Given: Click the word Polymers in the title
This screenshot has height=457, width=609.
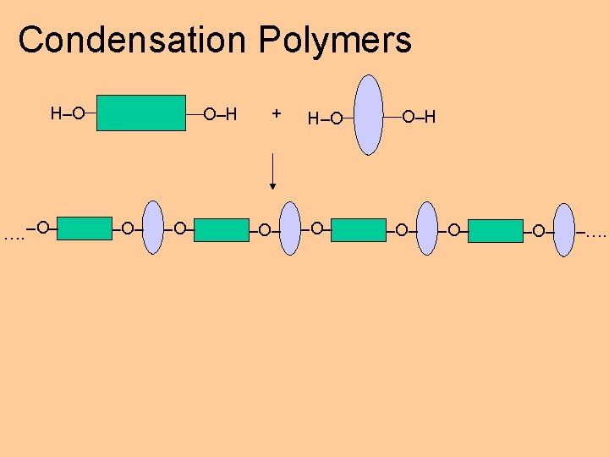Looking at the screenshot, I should point(336,40).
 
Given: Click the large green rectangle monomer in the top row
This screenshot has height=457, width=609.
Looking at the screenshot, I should point(141,113).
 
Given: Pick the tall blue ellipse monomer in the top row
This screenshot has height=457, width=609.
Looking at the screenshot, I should point(368,115).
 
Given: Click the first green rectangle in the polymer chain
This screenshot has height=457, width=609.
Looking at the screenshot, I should point(84,228).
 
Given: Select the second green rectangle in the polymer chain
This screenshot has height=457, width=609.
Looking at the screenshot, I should point(221,230).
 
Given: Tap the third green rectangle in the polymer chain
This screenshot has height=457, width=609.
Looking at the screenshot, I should point(358,230).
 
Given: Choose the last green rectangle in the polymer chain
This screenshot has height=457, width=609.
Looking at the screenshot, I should point(495,231).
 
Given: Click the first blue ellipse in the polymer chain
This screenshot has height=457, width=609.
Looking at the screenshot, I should point(153,228).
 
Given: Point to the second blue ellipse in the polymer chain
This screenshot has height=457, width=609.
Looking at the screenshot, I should point(290,228).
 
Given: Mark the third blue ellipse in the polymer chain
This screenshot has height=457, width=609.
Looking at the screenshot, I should point(427,228).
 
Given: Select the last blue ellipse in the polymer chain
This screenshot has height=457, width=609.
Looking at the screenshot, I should point(563,229).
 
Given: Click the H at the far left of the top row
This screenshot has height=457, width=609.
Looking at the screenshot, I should point(56,113).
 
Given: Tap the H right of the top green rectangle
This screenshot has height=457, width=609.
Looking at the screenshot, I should point(231,114).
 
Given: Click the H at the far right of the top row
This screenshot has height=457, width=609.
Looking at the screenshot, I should point(430,117).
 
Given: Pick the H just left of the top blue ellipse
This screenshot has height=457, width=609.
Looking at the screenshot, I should point(313,118).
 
